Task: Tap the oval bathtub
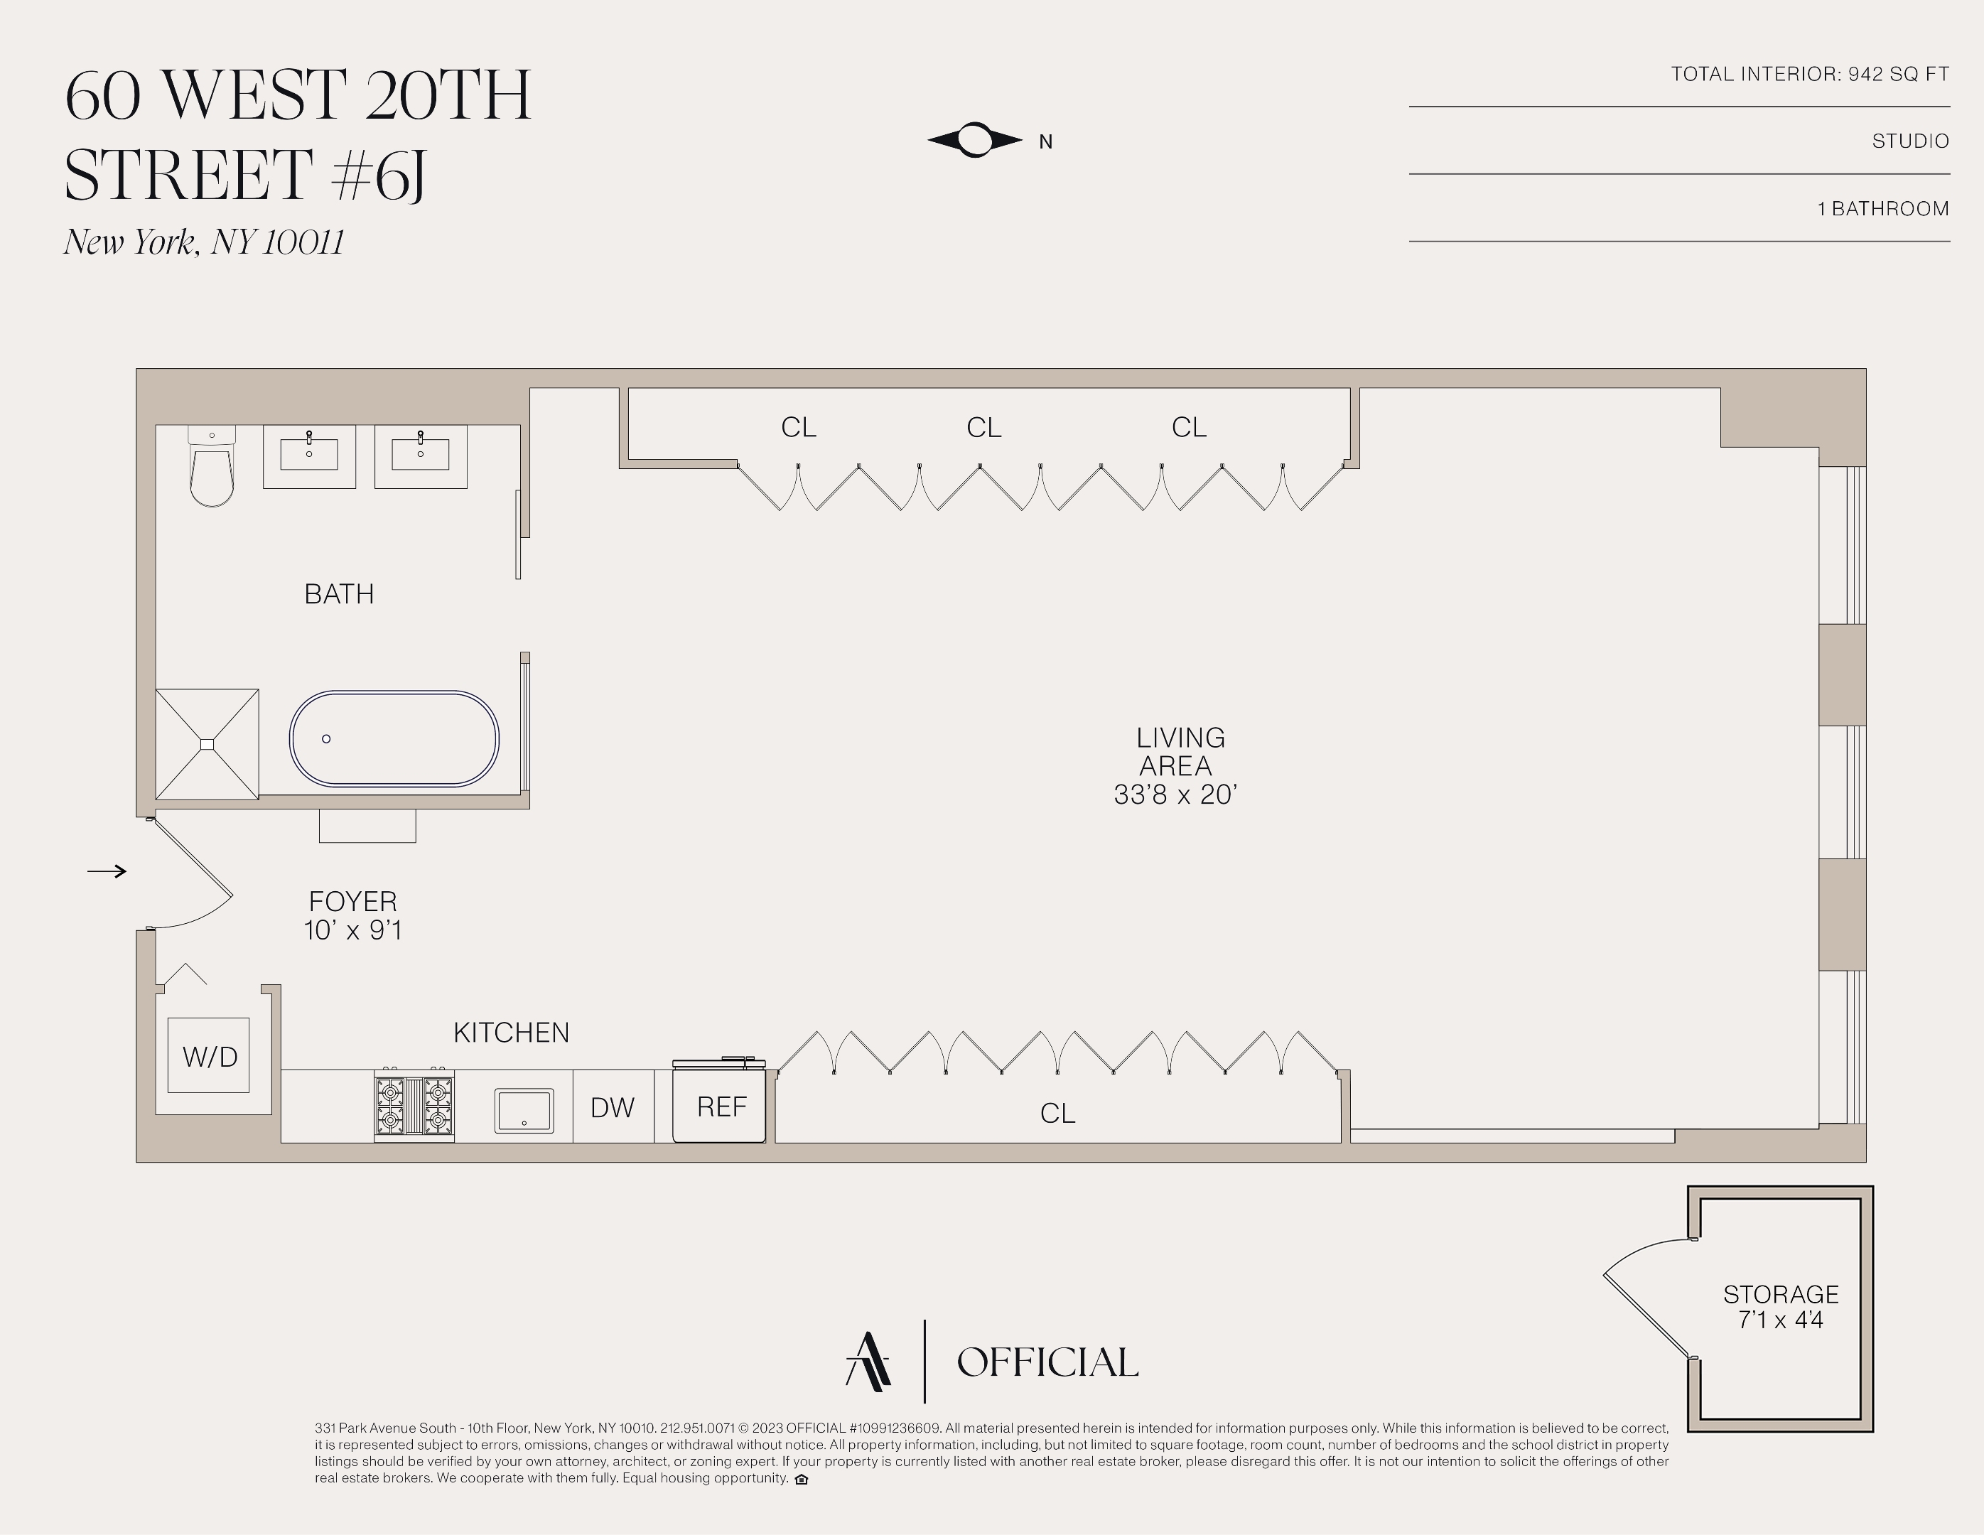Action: pos(394,738)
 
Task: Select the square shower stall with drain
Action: pos(207,745)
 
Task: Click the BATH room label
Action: pos(339,594)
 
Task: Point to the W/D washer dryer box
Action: pos(209,1055)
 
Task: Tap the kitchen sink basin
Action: pos(524,1111)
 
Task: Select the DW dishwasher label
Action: pos(613,1107)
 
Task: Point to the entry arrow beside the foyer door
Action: pos(107,871)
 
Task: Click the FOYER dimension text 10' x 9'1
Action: pos(352,930)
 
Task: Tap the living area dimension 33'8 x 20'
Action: pos(1175,795)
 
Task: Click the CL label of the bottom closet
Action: pos(1057,1114)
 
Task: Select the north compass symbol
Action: pos(976,140)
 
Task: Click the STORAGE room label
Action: pos(1781,1294)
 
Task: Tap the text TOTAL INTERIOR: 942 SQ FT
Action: pos(1810,75)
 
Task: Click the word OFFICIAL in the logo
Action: pos(1047,1362)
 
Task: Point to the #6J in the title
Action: pos(379,176)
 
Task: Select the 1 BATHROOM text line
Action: pos(1882,209)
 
